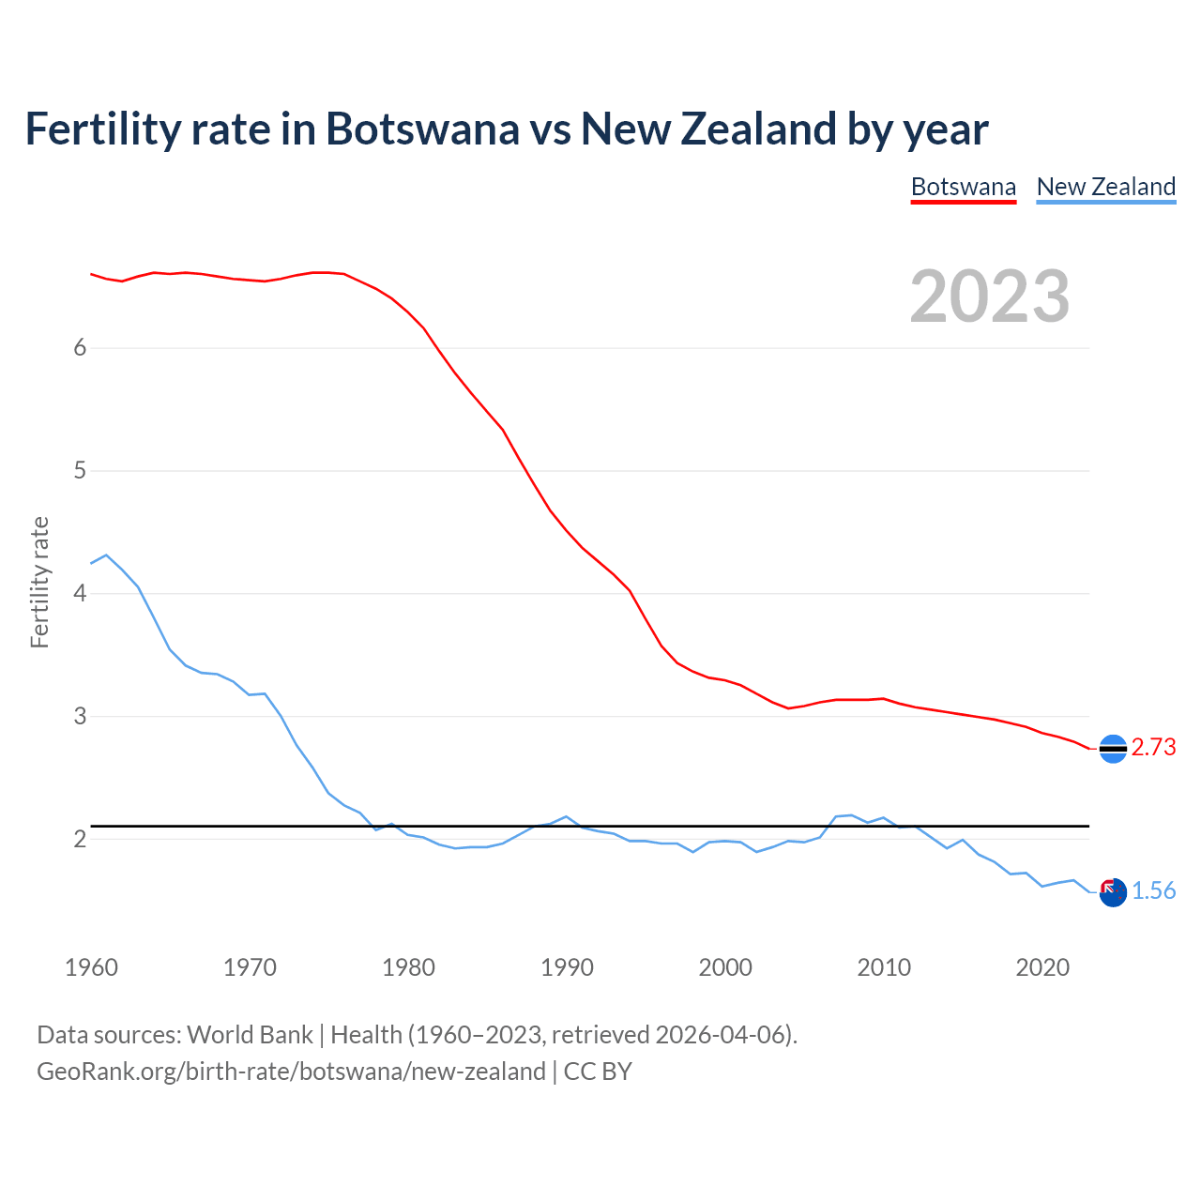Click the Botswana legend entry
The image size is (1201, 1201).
(963, 187)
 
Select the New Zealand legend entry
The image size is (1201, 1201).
(1105, 187)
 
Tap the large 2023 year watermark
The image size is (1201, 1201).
(990, 296)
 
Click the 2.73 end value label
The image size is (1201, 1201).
(1153, 747)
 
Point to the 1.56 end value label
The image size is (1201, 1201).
(1153, 890)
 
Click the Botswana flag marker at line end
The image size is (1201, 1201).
(1113, 749)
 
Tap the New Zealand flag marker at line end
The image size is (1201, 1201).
(1113, 892)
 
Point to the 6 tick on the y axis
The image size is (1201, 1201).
(80, 348)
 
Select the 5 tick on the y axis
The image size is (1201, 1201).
(80, 471)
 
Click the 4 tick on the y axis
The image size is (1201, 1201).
(80, 594)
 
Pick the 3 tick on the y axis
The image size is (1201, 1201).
(80, 717)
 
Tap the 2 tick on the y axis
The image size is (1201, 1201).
(80, 840)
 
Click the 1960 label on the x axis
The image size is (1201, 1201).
(91, 967)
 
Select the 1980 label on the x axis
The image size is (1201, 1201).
(408, 967)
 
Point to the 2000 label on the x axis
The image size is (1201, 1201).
(725, 967)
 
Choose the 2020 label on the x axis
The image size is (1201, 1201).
(1042, 967)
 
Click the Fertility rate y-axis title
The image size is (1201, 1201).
(39, 582)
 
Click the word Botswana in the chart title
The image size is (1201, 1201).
(421, 129)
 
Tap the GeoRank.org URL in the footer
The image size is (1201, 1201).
(291, 1071)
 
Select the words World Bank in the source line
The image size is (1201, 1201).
(250, 1035)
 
